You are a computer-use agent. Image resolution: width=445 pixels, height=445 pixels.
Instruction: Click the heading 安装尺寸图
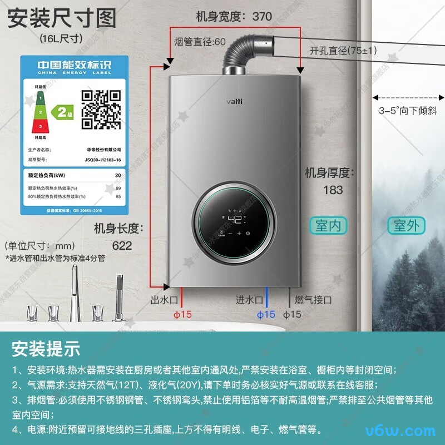point(62,18)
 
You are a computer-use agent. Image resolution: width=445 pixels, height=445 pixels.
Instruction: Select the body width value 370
point(262,17)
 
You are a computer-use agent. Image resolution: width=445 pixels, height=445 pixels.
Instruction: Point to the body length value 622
point(122,245)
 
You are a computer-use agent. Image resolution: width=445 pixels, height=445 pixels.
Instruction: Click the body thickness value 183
point(333,190)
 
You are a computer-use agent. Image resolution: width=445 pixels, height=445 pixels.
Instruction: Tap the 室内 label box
point(329,225)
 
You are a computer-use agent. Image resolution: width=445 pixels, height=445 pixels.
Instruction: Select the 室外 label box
point(406,225)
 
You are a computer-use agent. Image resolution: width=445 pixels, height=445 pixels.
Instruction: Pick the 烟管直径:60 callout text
point(200,42)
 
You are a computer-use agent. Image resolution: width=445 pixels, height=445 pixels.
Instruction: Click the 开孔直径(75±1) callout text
point(343,51)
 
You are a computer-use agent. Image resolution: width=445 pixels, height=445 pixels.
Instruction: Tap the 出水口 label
point(164,300)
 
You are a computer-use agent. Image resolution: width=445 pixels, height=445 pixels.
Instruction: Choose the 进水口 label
point(249,300)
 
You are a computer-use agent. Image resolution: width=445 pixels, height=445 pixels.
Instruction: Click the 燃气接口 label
point(313,300)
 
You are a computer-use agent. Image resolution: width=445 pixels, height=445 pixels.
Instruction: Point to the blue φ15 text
point(266,314)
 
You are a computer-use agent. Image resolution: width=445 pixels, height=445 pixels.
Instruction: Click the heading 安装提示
point(46,349)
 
